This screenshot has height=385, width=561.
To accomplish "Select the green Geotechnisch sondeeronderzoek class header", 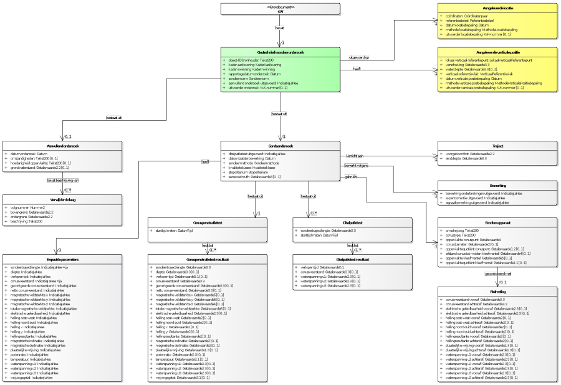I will [280, 52].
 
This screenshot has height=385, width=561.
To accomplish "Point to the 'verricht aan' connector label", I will [355, 155].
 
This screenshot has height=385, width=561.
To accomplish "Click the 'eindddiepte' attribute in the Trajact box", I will [464, 158].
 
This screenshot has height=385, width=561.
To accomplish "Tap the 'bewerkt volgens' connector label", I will [357, 166].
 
